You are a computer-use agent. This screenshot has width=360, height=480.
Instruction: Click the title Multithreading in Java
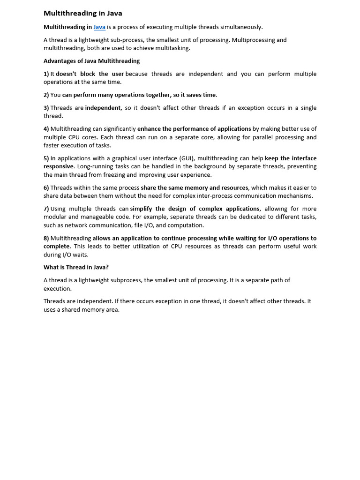[82, 13]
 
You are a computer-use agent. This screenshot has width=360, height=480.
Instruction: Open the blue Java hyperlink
[99, 27]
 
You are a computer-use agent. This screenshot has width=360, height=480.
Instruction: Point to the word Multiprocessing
[264, 40]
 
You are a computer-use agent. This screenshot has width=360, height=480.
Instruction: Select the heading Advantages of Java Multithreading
[91, 61]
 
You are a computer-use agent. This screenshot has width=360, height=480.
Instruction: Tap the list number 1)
[46, 74]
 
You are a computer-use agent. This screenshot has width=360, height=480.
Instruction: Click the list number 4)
[46, 129]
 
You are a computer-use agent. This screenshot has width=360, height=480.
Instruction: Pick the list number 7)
[46, 209]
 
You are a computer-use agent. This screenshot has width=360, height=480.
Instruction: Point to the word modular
[55, 217]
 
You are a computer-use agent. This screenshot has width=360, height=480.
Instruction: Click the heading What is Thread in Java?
[76, 267]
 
